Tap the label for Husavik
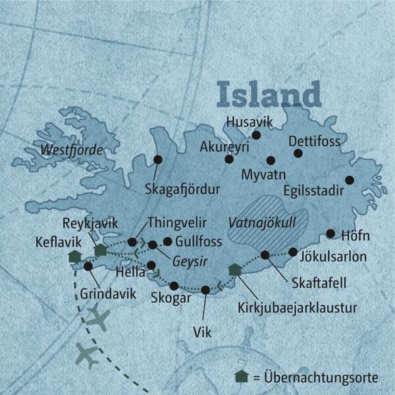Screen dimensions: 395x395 (x=248, y=121)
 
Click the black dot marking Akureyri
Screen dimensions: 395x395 (x=229, y=159)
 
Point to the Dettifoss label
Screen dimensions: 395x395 (x=313, y=141)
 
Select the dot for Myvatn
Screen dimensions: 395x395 (x=271, y=160)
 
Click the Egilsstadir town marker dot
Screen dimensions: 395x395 (x=350, y=180)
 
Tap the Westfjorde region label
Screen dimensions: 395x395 (x=72, y=151)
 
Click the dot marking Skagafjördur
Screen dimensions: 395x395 (x=158, y=159)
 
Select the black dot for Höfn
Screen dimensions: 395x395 (x=330, y=233)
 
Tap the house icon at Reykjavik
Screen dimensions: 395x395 (x=101, y=250)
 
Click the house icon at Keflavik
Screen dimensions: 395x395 (x=74, y=256)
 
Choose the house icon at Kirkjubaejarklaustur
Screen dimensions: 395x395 (x=234, y=269)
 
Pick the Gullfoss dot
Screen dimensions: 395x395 (x=167, y=241)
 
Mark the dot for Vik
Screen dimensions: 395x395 (x=205, y=290)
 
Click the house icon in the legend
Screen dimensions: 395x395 (x=242, y=377)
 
